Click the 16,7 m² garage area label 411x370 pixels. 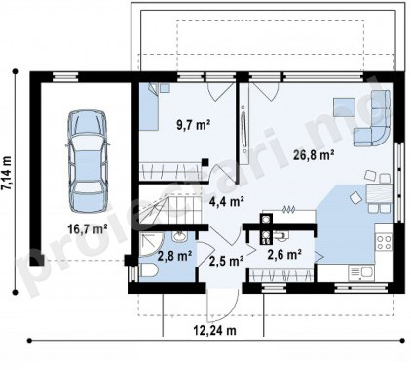[x=88, y=229]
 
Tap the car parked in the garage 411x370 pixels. [x=87, y=161]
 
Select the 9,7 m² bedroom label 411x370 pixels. [x=194, y=125]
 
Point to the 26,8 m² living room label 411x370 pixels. [x=314, y=155]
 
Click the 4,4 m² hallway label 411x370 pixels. [x=227, y=202]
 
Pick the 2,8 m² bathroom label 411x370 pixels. [x=174, y=256]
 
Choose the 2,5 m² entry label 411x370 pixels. [x=227, y=261]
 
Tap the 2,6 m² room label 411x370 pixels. [x=284, y=254]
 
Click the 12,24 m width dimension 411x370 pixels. [x=214, y=331]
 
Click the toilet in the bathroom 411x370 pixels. [x=149, y=270]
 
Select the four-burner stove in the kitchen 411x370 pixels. [x=384, y=242]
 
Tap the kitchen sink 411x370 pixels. [x=361, y=272]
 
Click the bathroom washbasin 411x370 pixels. [x=179, y=236]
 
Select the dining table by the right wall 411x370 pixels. [x=380, y=193]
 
